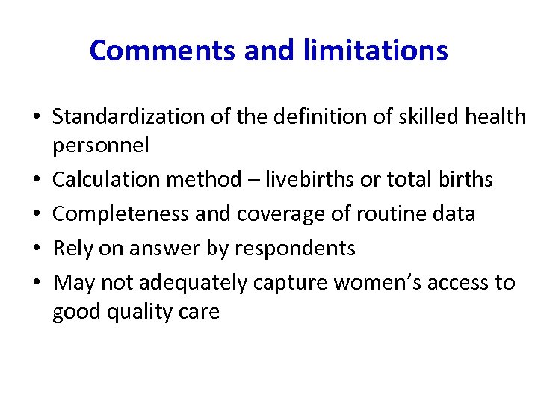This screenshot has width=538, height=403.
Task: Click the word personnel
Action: (x=101, y=145)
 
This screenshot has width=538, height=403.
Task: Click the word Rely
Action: (x=71, y=249)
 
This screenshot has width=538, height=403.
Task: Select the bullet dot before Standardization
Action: (x=36, y=118)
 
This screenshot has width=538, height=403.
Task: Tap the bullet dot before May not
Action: (x=36, y=284)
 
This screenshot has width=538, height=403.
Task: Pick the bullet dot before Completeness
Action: (x=36, y=215)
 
